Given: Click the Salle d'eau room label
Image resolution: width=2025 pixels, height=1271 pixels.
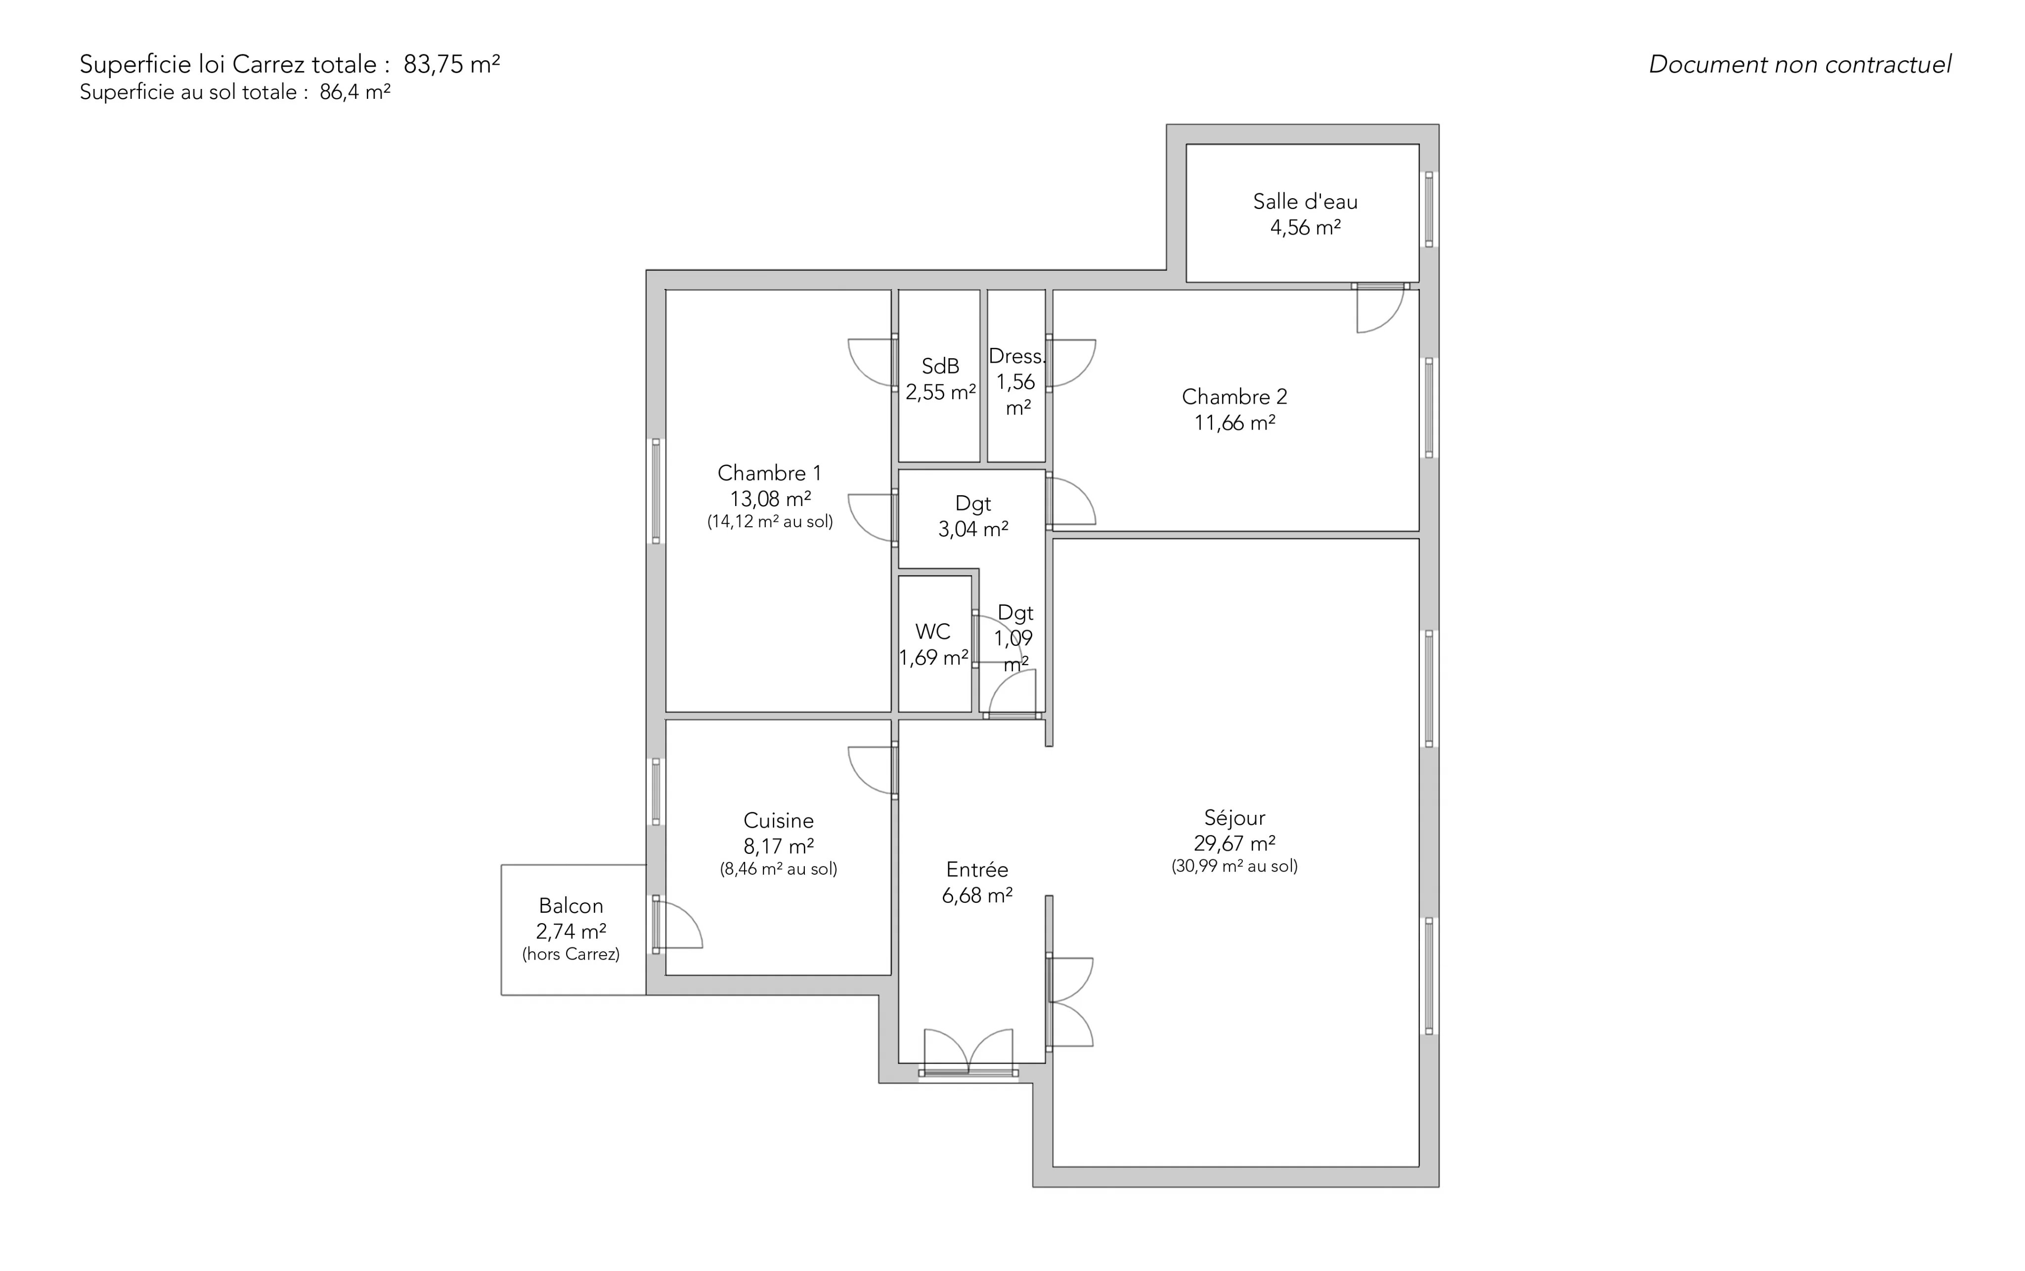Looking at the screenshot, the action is click(x=1305, y=202).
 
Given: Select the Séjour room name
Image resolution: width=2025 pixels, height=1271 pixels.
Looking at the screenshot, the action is click(x=1234, y=818).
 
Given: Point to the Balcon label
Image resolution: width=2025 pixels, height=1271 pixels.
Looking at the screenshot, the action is click(x=571, y=906).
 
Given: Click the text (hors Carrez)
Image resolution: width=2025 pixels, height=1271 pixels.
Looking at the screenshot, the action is click(x=571, y=954).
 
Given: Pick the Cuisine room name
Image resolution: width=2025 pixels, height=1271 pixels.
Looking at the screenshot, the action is click(x=779, y=820).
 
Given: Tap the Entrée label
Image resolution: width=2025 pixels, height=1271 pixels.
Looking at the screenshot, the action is click(x=977, y=870).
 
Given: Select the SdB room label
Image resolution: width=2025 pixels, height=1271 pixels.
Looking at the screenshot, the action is click(x=940, y=367).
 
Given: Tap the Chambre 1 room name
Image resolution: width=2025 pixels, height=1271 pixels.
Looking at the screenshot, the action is click(x=769, y=473).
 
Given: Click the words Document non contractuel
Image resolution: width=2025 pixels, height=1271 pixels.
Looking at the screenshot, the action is click(x=1800, y=65).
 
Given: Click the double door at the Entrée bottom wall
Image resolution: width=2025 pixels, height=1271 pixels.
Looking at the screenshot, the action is click(x=969, y=1051).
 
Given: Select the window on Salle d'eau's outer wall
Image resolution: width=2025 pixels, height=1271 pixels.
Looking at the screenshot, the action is click(x=1429, y=210).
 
